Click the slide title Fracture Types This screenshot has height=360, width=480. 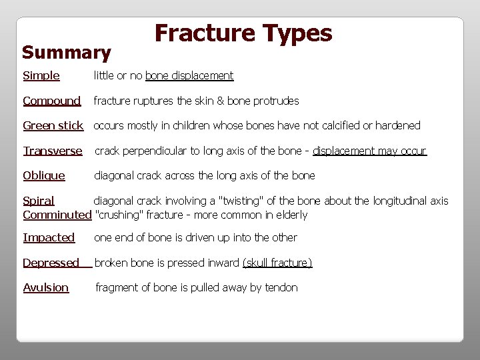[x=243, y=33]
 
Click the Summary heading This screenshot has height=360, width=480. [x=66, y=52]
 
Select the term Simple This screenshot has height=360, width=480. [x=41, y=75]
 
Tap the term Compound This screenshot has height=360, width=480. [x=51, y=101]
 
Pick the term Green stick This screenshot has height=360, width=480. [x=53, y=125]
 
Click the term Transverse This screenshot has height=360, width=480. [x=53, y=151]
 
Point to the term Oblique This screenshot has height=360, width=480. [x=44, y=175]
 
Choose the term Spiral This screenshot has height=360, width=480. [x=39, y=201]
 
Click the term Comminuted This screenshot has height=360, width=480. [x=57, y=215]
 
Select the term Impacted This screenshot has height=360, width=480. [x=49, y=237]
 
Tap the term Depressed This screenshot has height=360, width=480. [x=51, y=263]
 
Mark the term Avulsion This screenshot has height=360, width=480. [x=46, y=287]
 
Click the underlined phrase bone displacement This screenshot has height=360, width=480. [x=189, y=75]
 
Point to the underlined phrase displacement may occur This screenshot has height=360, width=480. [x=369, y=151]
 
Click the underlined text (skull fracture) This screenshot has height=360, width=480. [x=277, y=263]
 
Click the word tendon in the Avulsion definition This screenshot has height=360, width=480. [x=281, y=287]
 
